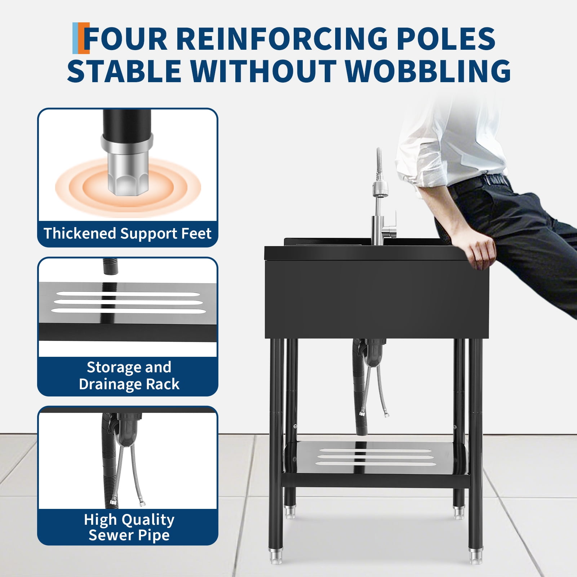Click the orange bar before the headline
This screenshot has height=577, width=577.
86,38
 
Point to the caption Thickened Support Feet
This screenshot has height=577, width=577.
128,234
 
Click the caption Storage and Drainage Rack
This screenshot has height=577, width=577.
129,376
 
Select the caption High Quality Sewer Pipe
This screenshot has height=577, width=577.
129,527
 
